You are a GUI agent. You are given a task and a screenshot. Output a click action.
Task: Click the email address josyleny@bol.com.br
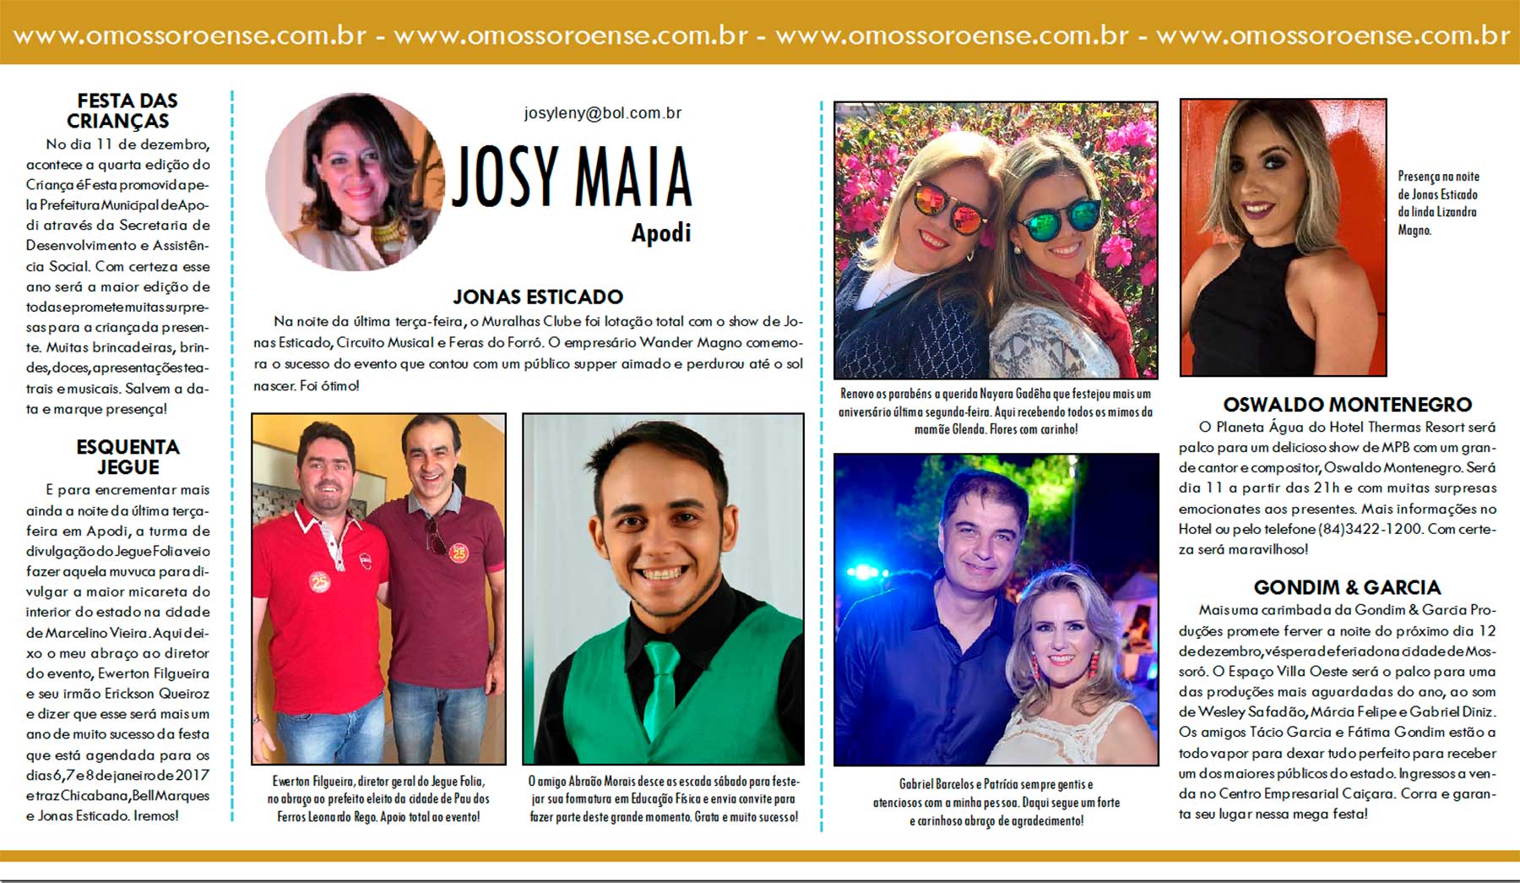coord(602,113)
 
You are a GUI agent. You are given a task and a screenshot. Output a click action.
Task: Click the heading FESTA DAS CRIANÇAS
coord(127,111)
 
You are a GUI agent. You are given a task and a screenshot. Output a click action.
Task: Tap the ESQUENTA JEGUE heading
coord(128,456)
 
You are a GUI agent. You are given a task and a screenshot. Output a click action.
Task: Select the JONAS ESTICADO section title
coord(538,297)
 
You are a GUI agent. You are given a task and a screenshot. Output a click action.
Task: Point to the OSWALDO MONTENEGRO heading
coord(1347,405)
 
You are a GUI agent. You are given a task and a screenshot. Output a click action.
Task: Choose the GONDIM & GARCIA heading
coord(1347,587)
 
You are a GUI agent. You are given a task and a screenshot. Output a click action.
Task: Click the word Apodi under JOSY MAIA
coord(661,232)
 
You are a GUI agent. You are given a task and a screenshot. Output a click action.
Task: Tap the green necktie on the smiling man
coord(661,689)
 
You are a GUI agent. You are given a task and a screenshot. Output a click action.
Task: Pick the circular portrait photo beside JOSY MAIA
coord(355,182)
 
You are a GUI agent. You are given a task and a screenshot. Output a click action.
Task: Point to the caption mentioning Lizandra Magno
coord(1437,203)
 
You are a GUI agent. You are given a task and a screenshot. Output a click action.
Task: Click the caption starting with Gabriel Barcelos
coord(996,802)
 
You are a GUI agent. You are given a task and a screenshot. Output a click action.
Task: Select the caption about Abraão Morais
coord(663,799)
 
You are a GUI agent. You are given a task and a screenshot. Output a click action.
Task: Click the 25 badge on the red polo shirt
coord(319,582)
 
